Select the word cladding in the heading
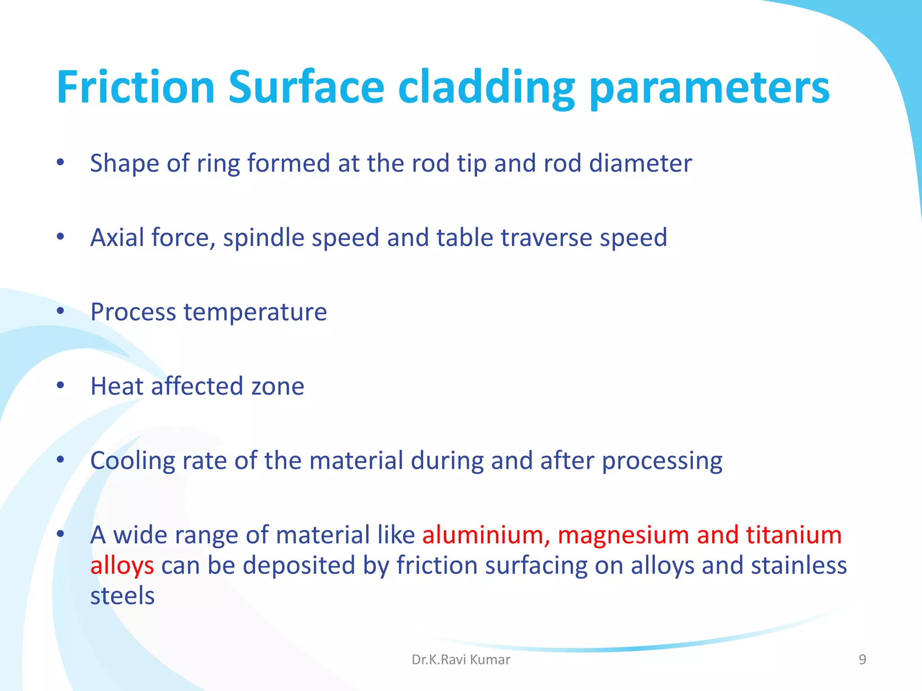(486, 89)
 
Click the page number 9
(862, 660)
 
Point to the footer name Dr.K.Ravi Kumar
(461, 660)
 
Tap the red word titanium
(794, 535)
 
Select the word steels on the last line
(122, 596)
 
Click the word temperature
(255, 312)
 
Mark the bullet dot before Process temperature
(61, 311)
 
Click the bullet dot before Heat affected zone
(61, 385)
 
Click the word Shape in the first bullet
(124, 164)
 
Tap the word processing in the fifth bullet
(662, 462)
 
